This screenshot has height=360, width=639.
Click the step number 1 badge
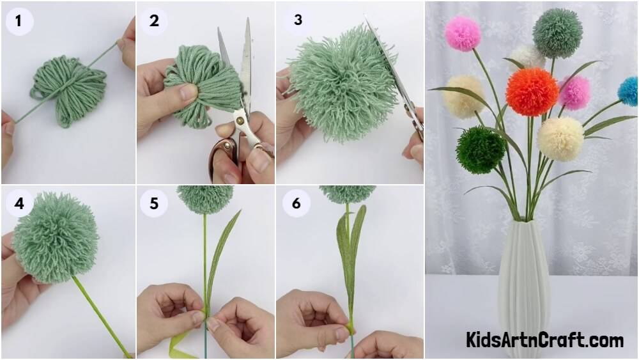pyautogui.click(x=19, y=20)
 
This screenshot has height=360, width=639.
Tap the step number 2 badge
pyautogui.click(x=154, y=20)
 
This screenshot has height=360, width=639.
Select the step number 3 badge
pyautogui.click(x=298, y=20)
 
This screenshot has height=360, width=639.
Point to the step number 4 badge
pyautogui.click(x=19, y=203)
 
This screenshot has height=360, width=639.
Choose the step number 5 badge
pyautogui.click(x=154, y=203)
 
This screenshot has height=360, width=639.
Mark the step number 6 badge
pyautogui.click(x=296, y=203)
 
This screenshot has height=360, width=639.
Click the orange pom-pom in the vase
pyautogui.click(x=532, y=92)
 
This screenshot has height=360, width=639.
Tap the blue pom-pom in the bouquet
pyautogui.click(x=628, y=91)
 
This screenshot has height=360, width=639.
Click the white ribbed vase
pyautogui.click(x=525, y=288)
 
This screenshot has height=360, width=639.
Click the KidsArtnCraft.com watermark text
pyautogui.click(x=544, y=340)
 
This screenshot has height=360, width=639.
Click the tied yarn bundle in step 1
pyautogui.click(x=68, y=91)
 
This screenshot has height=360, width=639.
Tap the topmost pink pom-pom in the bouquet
pyautogui.click(x=463, y=33)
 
